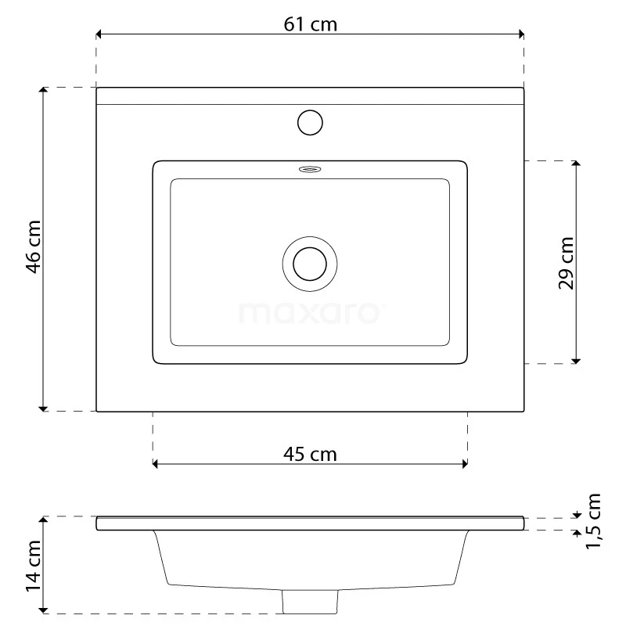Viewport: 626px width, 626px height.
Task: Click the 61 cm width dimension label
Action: (310, 24)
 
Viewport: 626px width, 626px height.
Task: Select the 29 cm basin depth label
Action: (567, 263)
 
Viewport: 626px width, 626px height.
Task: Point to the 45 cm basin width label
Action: (310, 454)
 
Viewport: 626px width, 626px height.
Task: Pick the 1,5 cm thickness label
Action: (593, 521)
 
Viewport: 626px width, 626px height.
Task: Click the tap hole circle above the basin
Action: (310, 123)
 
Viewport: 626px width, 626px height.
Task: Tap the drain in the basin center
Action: (310, 262)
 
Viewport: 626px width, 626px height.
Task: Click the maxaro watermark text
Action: (310, 313)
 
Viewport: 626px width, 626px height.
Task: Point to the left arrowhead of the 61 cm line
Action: (100, 34)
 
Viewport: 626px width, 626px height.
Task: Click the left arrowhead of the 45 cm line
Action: (156, 464)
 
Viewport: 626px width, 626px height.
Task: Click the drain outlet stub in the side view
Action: (310, 601)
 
